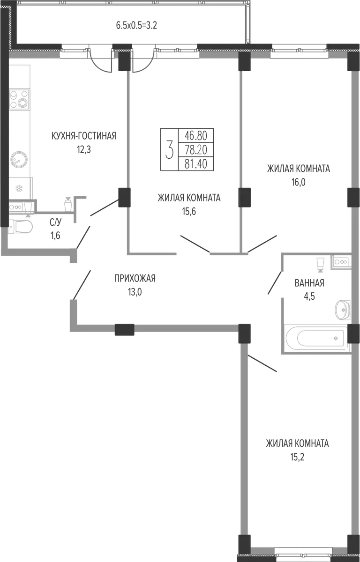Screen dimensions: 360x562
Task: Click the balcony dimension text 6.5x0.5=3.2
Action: (x=136, y=26)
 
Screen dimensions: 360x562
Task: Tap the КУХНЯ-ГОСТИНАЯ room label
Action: (x=84, y=136)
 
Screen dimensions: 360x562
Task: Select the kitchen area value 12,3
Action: (x=84, y=150)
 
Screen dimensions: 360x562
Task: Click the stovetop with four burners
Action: (x=19, y=99)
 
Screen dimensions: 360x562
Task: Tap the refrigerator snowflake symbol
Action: (x=19, y=188)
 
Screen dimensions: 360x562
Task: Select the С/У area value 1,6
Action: (x=55, y=236)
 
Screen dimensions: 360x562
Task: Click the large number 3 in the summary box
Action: (x=170, y=149)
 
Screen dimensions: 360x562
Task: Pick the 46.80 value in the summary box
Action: (x=196, y=136)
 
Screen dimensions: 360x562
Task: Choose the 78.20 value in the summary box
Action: (x=196, y=150)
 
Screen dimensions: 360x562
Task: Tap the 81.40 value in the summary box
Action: (x=196, y=164)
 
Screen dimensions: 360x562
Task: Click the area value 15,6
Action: (x=189, y=212)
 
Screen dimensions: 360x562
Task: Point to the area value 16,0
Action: (x=299, y=183)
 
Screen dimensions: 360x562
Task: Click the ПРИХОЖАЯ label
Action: (x=135, y=279)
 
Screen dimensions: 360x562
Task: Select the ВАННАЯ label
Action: (x=309, y=283)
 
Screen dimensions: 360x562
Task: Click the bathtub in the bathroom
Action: (x=315, y=338)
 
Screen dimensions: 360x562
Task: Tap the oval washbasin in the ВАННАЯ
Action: (x=343, y=310)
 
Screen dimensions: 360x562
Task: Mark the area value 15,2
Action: (x=298, y=458)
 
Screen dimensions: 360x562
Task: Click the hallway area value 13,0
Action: (x=135, y=292)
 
